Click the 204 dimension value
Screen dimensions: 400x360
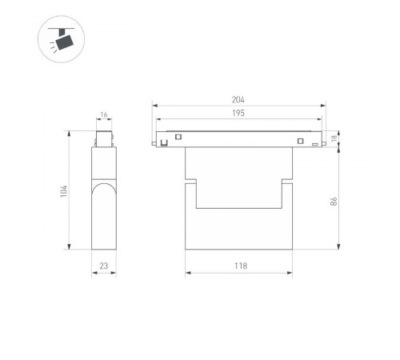(x=238, y=100)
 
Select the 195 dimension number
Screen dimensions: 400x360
(x=238, y=113)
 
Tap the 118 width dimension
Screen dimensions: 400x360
(x=241, y=266)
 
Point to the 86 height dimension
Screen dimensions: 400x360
(x=334, y=202)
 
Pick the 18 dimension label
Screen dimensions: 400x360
(x=334, y=138)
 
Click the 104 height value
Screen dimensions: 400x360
(x=64, y=191)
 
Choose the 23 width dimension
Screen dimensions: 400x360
(x=104, y=266)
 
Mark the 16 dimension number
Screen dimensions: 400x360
(x=104, y=114)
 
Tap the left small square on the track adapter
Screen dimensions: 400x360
(x=178, y=137)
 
